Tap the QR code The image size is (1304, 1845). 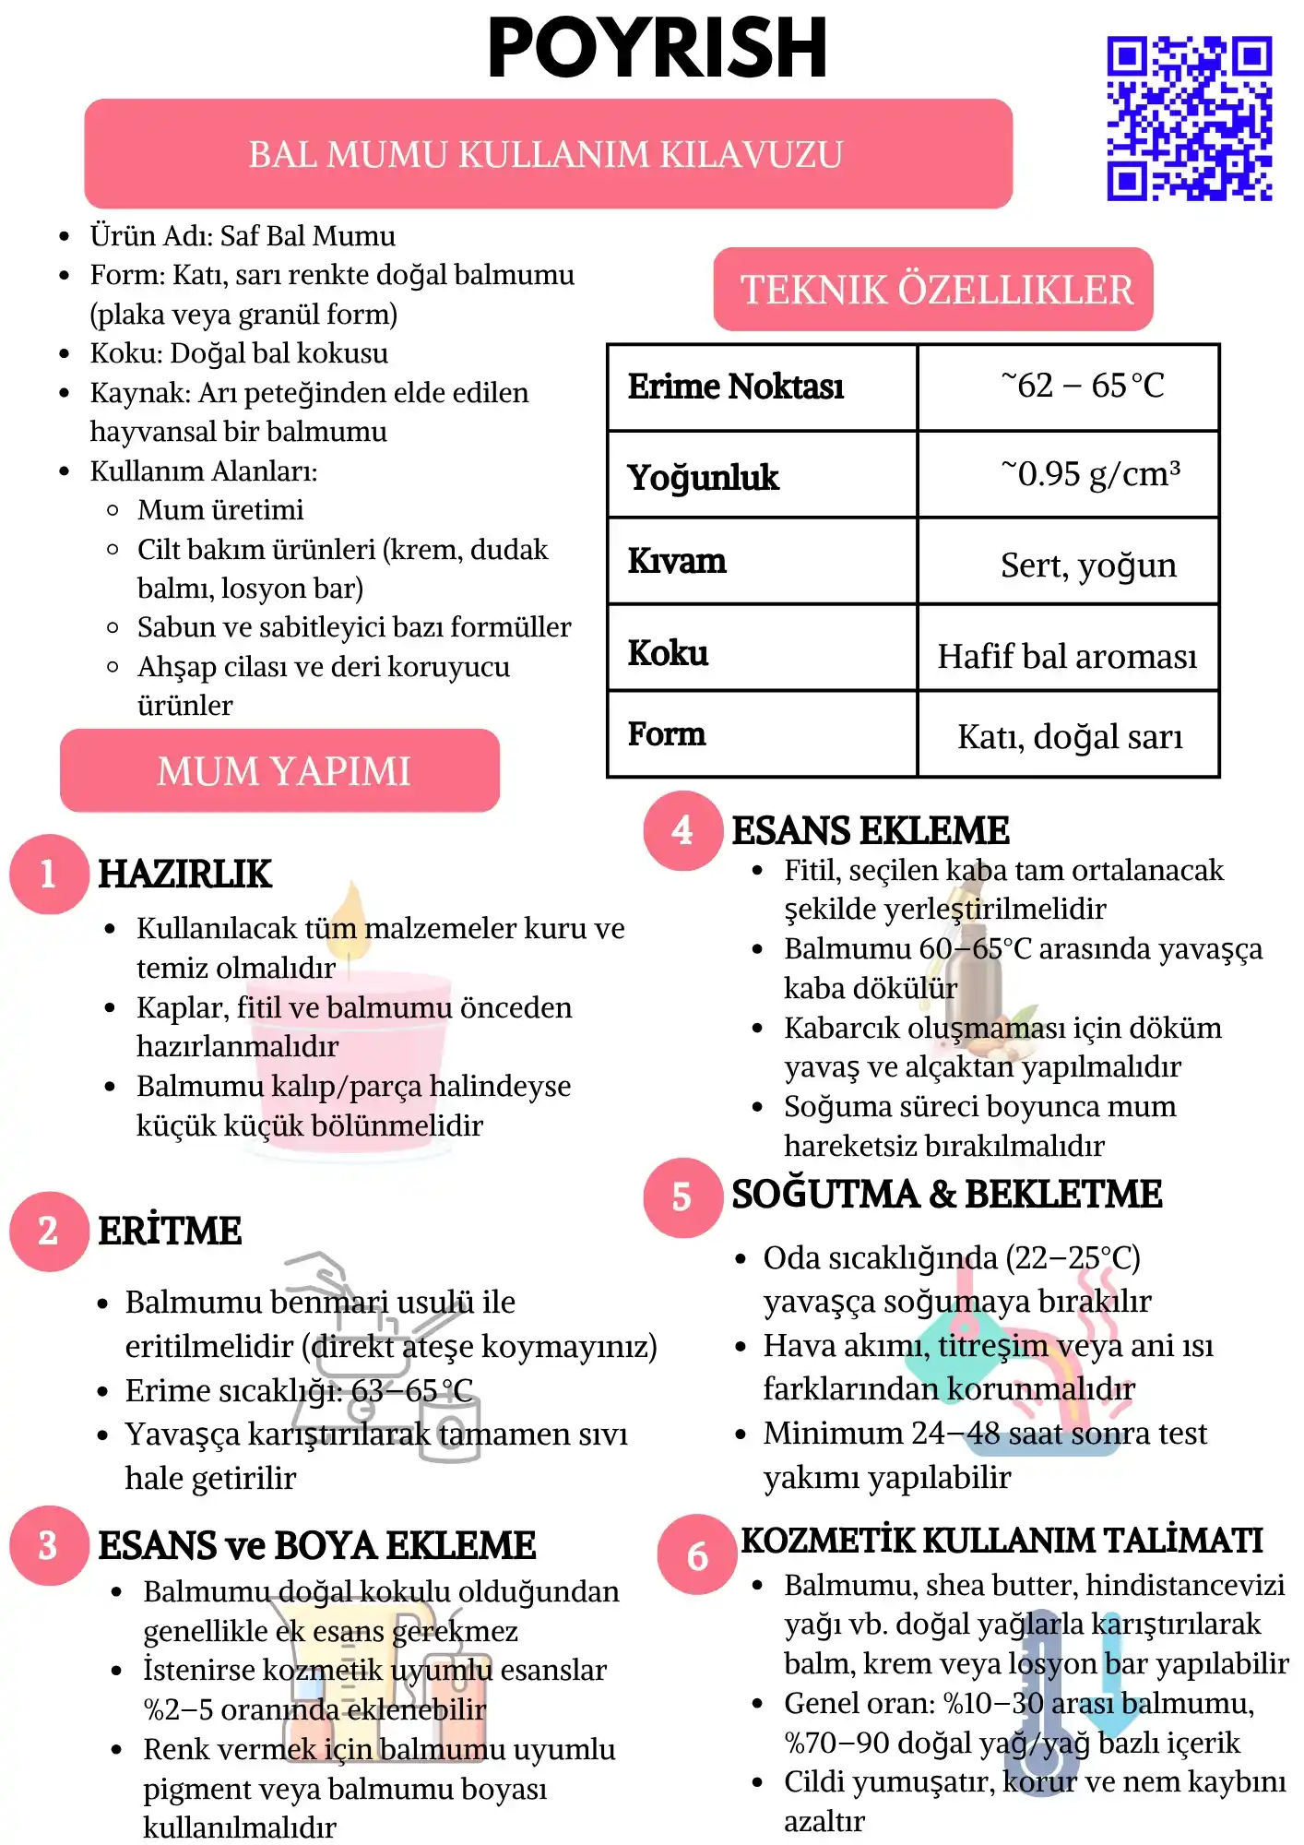coord(1189,118)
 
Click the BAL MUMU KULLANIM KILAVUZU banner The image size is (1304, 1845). coord(548,154)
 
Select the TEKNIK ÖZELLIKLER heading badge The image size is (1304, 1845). coord(933,290)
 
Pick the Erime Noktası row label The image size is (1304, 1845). coord(736,387)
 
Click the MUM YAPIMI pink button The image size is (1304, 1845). coord(280,771)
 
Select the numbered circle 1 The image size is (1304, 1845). coord(49,874)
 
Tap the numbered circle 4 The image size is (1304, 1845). coord(682,830)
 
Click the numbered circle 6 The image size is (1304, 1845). coord(697,1555)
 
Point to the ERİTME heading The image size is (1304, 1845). coord(170,1231)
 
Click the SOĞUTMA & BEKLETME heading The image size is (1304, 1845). coord(946,1195)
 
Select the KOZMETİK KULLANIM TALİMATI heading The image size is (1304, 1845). coord(1002,1541)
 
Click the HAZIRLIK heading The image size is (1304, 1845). coord(184,875)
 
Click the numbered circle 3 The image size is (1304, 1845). coord(49,1546)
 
